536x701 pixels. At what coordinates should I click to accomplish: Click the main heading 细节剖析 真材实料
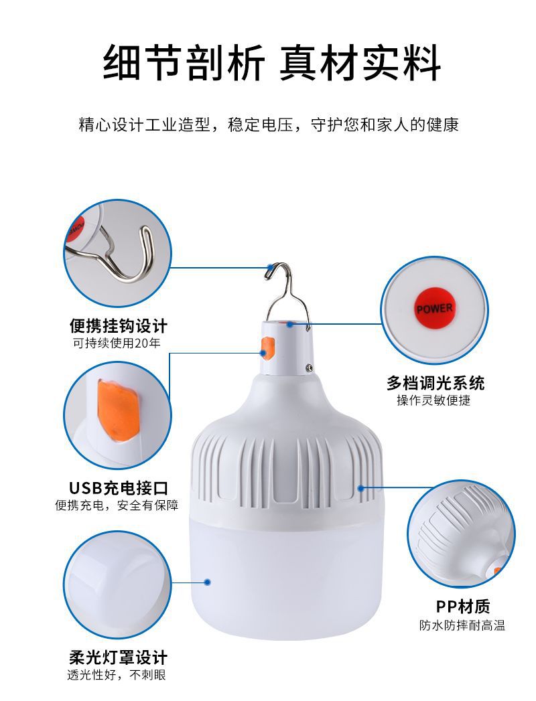pyautogui.click(x=271, y=64)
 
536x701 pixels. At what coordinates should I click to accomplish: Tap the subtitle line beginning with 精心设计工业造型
pyautogui.click(x=269, y=125)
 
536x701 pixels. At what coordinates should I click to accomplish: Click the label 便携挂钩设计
pyautogui.click(x=118, y=326)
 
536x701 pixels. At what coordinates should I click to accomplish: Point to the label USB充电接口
pyautogui.click(x=118, y=487)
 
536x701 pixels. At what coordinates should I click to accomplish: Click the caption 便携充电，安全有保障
pyautogui.click(x=117, y=505)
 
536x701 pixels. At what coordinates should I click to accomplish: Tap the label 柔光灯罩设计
pyautogui.click(x=118, y=657)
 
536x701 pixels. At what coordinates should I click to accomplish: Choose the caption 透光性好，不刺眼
pyautogui.click(x=117, y=675)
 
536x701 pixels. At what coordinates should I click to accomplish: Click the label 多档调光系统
pyautogui.click(x=435, y=383)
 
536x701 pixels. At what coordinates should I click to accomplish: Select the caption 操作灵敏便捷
pyautogui.click(x=433, y=400)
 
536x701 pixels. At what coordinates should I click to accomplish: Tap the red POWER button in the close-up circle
pyautogui.click(x=434, y=309)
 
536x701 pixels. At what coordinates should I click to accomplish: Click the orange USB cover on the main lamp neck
pyautogui.click(x=267, y=349)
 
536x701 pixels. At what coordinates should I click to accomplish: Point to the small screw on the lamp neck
pyautogui.click(x=310, y=367)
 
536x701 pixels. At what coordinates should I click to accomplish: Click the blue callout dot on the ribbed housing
pyautogui.click(x=361, y=488)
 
